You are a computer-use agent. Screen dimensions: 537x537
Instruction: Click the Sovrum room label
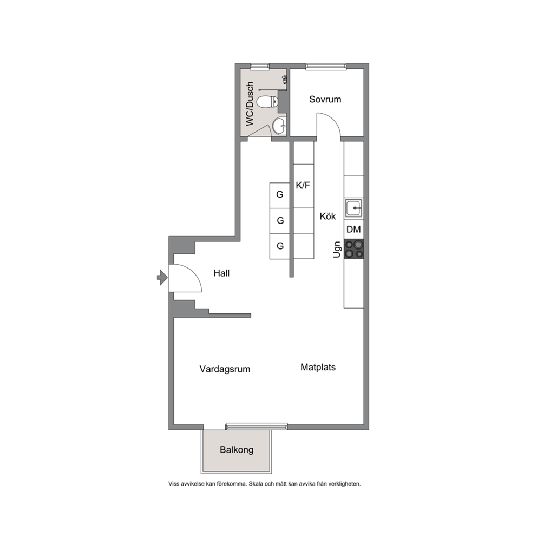(325, 99)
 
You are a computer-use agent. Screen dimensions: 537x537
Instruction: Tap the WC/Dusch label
(250, 103)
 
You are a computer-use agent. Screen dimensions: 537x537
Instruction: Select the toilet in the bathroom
(267, 101)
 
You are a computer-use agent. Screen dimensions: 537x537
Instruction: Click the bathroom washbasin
(279, 126)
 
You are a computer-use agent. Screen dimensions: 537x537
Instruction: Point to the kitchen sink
(353, 208)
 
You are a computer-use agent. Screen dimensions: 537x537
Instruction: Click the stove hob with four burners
(354, 249)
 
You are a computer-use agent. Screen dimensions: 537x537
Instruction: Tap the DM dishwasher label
(353, 229)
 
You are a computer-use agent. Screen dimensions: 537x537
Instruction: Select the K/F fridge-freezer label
(303, 185)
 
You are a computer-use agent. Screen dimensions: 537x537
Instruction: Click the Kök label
(328, 216)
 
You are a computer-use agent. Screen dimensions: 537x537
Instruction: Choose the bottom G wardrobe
(280, 246)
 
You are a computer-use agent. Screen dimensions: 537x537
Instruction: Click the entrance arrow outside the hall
(162, 277)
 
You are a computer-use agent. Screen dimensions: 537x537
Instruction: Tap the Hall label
(221, 273)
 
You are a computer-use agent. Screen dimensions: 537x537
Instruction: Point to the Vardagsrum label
(225, 369)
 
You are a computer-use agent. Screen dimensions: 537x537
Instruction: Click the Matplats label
(318, 367)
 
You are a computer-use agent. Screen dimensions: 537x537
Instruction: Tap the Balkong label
(237, 450)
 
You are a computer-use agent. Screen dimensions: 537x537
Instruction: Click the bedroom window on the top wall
(326, 66)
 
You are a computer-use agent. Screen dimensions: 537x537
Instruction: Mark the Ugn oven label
(337, 250)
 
